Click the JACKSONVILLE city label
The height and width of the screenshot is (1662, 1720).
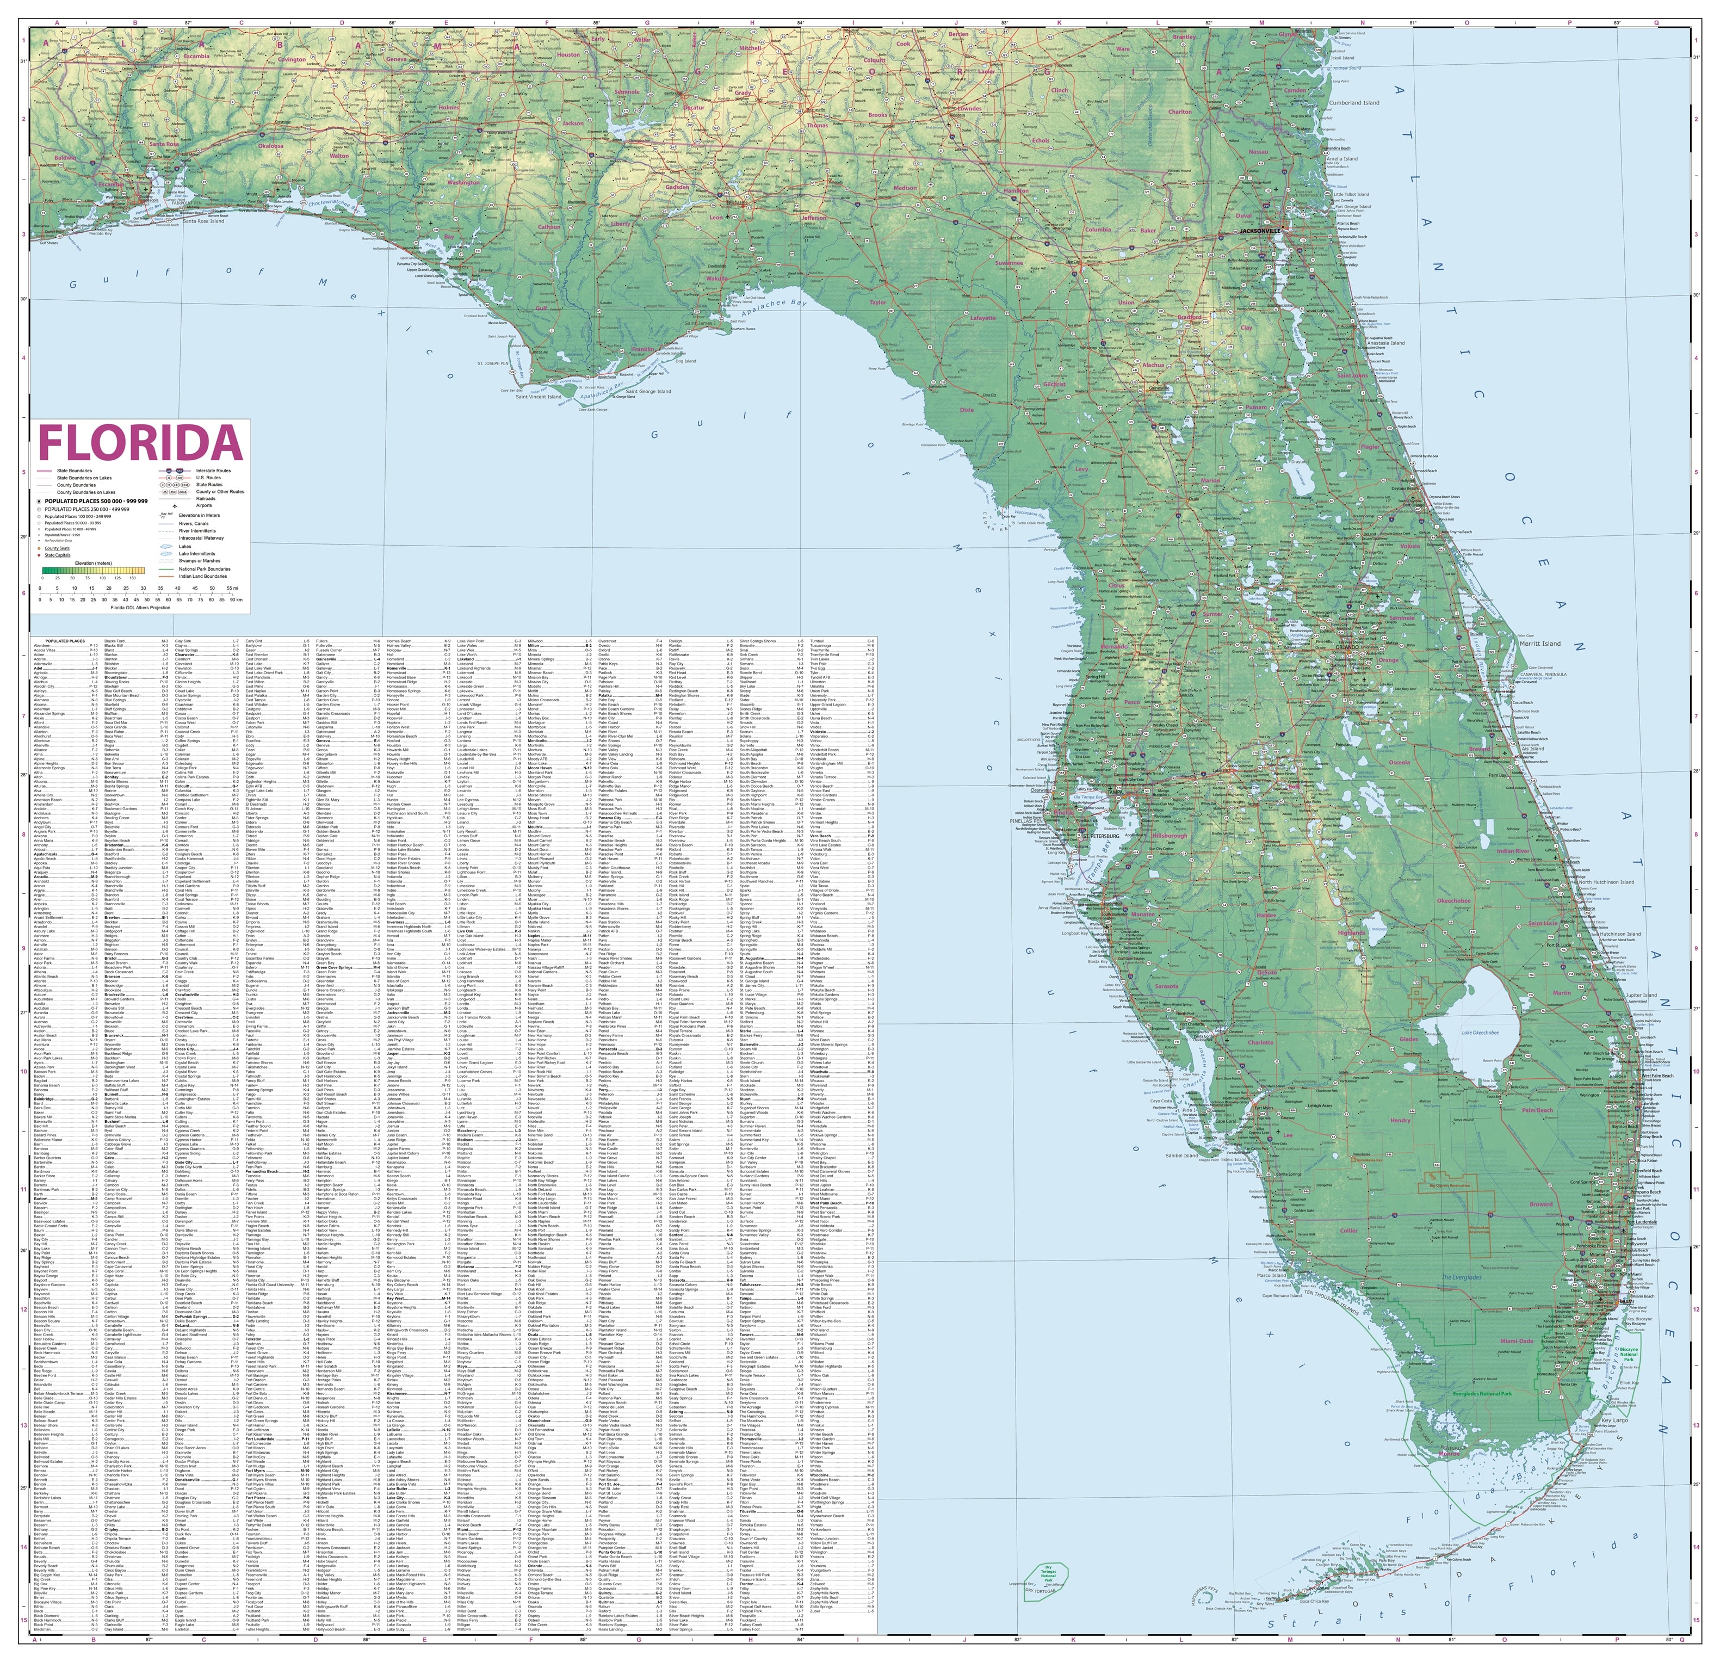coord(1261,230)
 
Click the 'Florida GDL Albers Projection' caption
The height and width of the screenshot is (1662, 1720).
coord(140,607)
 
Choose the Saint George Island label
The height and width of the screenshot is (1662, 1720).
coord(642,391)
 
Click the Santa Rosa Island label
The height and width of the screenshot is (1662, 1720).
coord(203,221)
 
